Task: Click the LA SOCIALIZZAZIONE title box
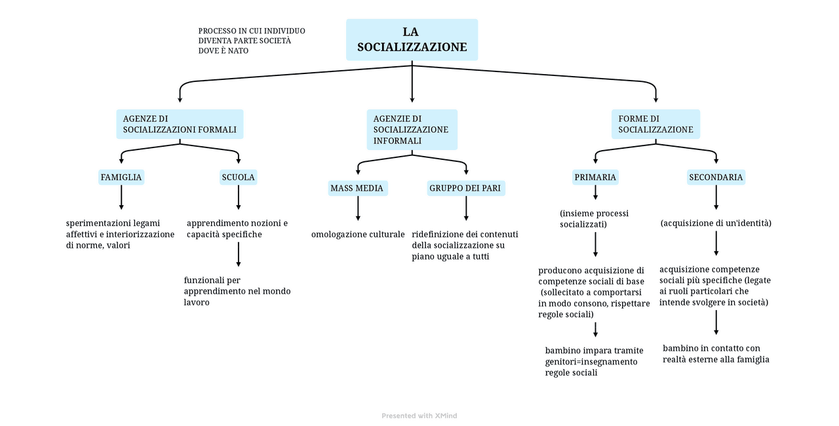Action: pos(412,39)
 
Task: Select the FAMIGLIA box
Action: pos(121,177)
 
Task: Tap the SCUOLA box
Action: pos(238,177)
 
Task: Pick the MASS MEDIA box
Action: pos(357,189)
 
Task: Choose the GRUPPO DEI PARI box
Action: pos(466,189)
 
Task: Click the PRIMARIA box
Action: pos(595,177)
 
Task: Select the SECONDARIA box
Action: pos(716,177)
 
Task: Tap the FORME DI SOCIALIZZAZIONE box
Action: pos(655,124)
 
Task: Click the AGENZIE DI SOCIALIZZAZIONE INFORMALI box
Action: pos(412,129)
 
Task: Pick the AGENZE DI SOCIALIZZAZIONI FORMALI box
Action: pos(180,124)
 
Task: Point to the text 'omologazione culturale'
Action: pos(358,234)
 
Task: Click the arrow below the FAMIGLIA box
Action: pos(121,197)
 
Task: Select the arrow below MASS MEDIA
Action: pos(358,208)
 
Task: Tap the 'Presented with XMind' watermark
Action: pos(419,416)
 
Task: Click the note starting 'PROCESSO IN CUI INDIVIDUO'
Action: pos(252,41)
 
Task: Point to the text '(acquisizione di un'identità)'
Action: pos(716,223)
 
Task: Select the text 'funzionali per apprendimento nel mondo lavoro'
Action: pos(237,291)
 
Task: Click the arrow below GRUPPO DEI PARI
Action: pos(466,208)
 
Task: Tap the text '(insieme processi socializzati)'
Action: pos(594,219)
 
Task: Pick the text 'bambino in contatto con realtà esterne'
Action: pos(716,354)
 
